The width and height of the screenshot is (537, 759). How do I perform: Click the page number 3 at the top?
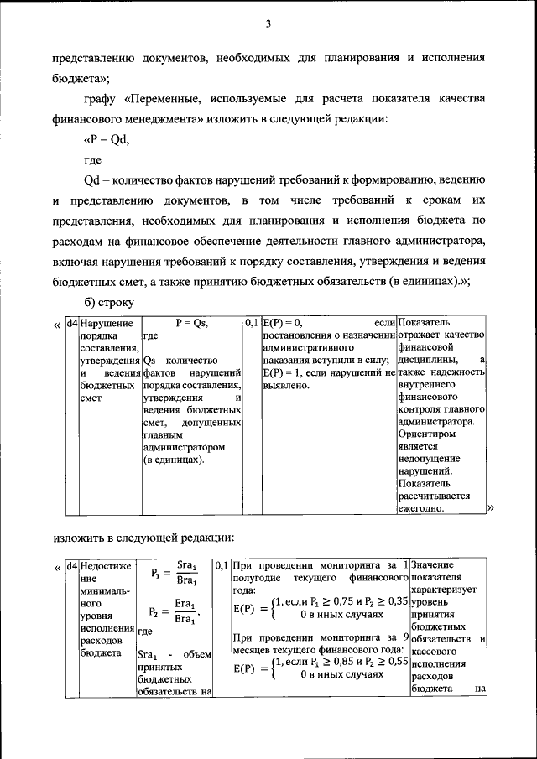[x=268, y=24]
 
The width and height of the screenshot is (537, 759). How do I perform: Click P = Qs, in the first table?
[x=191, y=322]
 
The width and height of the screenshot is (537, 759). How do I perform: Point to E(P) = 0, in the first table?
[x=282, y=322]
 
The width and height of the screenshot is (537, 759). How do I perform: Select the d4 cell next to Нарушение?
[x=72, y=322]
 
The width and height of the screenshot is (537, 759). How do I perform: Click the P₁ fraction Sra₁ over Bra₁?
[x=186, y=574]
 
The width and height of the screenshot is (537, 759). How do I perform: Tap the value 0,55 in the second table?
[x=396, y=662]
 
